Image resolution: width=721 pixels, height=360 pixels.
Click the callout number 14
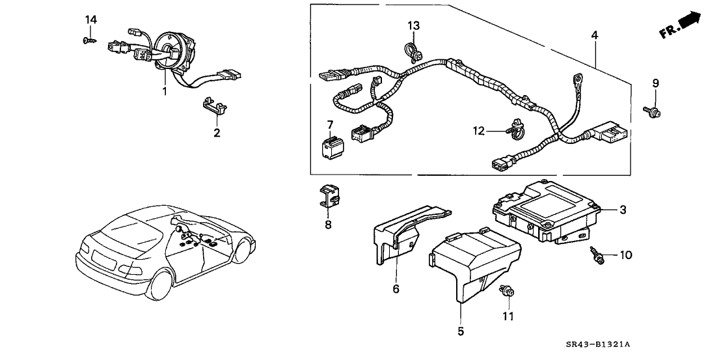pos(91,20)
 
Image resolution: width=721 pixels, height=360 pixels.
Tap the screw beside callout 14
pos(87,40)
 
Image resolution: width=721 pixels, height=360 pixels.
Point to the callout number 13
pos(414,25)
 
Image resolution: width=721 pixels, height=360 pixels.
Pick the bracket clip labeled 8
pos(330,196)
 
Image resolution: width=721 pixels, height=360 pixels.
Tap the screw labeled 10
pos(597,256)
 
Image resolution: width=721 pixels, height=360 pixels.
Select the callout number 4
pos(594,35)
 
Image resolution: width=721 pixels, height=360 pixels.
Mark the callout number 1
pos(165,92)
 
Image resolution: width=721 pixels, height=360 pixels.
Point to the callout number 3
pos(622,210)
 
